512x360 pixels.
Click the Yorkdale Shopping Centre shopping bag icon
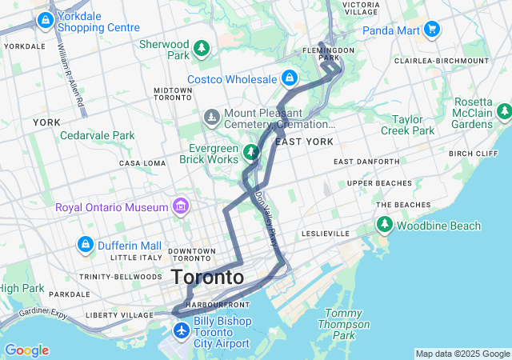click(45, 19)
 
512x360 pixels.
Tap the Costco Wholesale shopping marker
click(289, 79)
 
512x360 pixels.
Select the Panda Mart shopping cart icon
click(433, 30)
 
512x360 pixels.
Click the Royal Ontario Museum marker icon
click(181, 207)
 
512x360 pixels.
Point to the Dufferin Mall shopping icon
click(85, 244)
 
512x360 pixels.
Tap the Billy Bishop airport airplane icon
click(182, 330)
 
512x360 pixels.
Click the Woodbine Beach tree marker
click(385, 226)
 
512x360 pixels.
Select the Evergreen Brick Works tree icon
click(251, 152)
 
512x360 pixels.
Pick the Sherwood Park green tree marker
click(202, 49)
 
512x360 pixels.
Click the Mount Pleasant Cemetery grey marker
click(211, 118)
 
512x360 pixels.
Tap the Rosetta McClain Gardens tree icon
click(504, 112)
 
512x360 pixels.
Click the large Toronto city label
click(207, 278)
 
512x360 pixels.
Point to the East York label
click(303, 142)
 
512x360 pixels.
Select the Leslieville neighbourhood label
click(326, 234)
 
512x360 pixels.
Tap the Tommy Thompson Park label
click(344, 324)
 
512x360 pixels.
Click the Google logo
click(26, 350)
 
